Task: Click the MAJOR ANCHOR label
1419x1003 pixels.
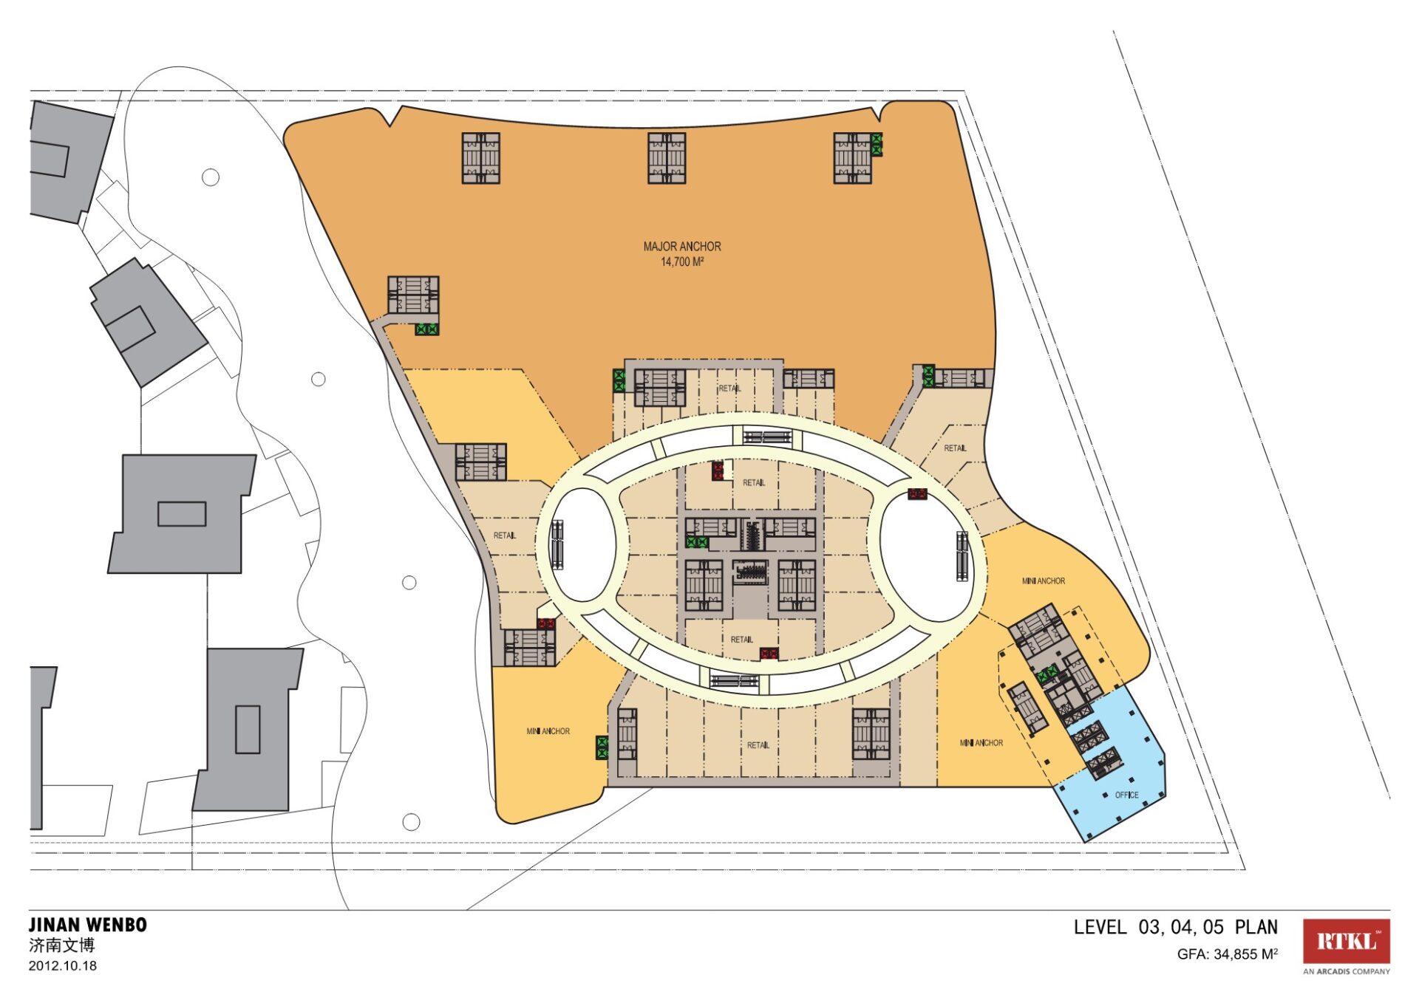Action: pyautogui.click(x=682, y=247)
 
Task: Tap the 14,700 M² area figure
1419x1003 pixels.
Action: pyautogui.click(x=681, y=262)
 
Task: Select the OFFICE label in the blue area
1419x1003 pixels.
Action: pyautogui.click(x=1126, y=795)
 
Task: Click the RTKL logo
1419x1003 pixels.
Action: pyautogui.click(x=1346, y=941)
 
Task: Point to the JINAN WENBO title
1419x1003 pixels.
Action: pyautogui.click(x=88, y=925)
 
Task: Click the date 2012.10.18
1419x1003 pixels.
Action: pyautogui.click(x=63, y=965)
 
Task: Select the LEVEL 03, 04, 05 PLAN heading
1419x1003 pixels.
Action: pyautogui.click(x=1176, y=927)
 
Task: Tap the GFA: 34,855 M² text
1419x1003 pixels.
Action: pyautogui.click(x=1228, y=954)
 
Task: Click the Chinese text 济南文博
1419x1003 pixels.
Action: pyautogui.click(x=62, y=945)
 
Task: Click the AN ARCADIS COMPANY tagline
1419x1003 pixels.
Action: pyautogui.click(x=1346, y=971)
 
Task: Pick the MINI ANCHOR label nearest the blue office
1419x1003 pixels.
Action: pyautogui.click(x=981, y=742)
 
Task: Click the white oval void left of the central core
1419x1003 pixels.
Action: pyautogui.click(x=583, y=544)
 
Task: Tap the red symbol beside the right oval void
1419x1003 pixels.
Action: pyautogui.click(x=917, y=494)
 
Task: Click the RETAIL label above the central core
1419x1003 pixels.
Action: pyautogui.click(x=754, y=482)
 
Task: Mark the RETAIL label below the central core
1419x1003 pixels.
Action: pyautogui.click(x=742, y=639)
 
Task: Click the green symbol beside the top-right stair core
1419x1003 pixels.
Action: pyautogui.click(x=877, y=144)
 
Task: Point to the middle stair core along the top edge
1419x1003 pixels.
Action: pyautogui.click(x=667, y=158)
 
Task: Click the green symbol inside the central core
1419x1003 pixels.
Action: pyautogui.click(x=697, y=542)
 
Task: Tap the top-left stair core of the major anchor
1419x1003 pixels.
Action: pyautogui.click(x=481, y=158)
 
